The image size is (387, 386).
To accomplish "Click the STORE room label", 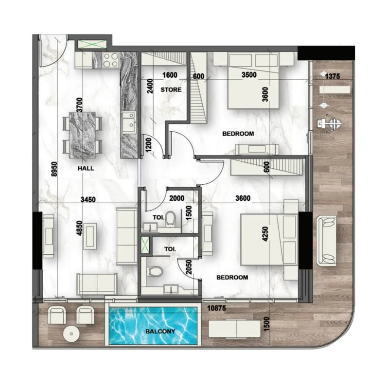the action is point(171,89).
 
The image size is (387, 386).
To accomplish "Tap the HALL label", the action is point(86,168).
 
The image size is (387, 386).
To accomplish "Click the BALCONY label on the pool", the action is point(160,331).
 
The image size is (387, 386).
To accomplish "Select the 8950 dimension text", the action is point(54,169).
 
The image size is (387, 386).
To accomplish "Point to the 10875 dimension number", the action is point(216,308).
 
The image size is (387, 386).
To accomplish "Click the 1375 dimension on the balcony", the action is point(332,76).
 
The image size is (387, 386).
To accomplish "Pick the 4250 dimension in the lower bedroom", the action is point(265,234).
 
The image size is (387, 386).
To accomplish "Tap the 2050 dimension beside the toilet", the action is point(189,267).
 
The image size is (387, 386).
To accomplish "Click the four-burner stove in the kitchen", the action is point(110,60).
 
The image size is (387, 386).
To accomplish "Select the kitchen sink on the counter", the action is point(129,123).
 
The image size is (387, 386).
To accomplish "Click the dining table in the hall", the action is point(82,135).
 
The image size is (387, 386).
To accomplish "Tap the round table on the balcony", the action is point(71,333).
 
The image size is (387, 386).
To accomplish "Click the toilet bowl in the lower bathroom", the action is point(155,271).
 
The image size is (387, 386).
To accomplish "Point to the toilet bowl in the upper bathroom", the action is point(170,219).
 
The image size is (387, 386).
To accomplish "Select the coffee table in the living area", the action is point(89,236).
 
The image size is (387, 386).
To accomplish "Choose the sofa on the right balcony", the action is point(326,241).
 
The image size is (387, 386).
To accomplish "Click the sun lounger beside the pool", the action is point(234,329).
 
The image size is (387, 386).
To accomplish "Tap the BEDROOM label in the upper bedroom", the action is point(238,134).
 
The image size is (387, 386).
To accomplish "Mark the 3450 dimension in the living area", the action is point(88,199).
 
